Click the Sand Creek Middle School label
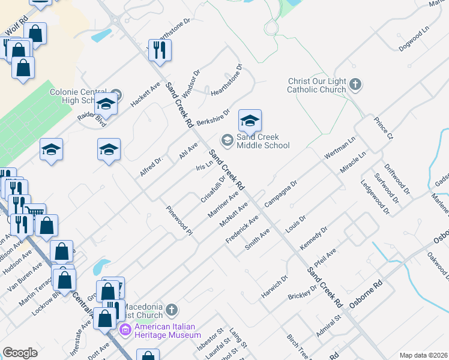[x=263, y=141]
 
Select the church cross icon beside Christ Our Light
[x=355, y=85]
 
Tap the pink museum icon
[x=125, y=329]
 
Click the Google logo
[x=20, y=353]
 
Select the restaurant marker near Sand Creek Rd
[x=159, y=49]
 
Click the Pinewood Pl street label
[x=179, y=221]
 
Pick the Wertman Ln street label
[x=340, y=147]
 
